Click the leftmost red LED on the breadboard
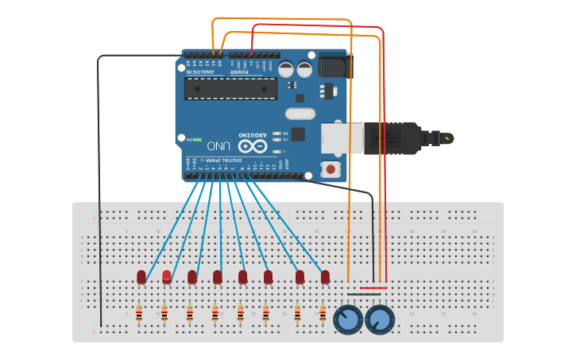pyautogui.click(x=141, y=276)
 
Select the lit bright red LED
pyautogui.click(x=167, y=276)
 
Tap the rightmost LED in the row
pyautogui.click(x=325, y=276)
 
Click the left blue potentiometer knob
pyautogui.click(x=349, y=320)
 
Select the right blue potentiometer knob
pyautogui.click(x=380, y=320)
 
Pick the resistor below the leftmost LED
pyautogui.click(x=139, y=315)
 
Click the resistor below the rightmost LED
pyautogui.click(x=323, y=315)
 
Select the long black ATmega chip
pyautogui.click(x=231, y=88)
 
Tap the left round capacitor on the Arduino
pyautogui.click(x=286, y=69)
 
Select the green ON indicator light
pyautogui.click(x=195, y=139)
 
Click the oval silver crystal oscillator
pyautogui.click(x=300, y=114)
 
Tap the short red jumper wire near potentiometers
pyautogui.click(x=374, y=288)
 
